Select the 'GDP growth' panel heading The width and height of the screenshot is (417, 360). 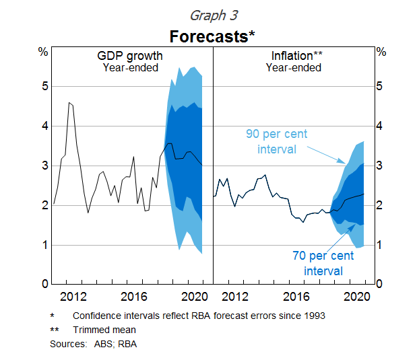click(x=130, y=55)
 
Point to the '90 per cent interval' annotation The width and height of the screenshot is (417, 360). click(x=277, y=141)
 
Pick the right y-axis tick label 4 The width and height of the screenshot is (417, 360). click(x=381, y=126)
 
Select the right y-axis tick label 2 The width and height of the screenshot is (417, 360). click(x=381, y=205)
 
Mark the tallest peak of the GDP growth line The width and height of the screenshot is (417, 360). click(x=69, y=102)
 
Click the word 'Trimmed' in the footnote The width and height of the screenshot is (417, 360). click(x=92, y=330)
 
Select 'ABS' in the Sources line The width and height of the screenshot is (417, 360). click(x=99, y=344)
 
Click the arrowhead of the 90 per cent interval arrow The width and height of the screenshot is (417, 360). click(x=346, y=164)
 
